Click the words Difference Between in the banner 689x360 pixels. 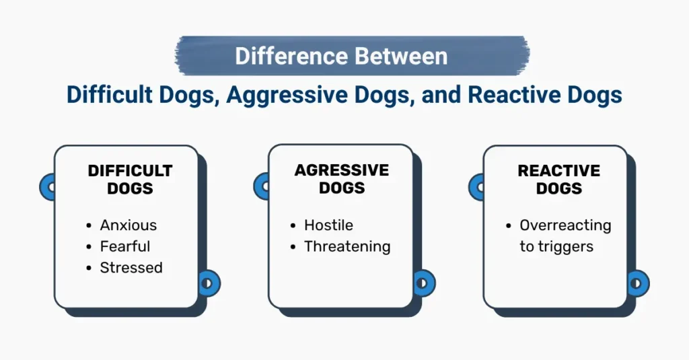coord(341,56)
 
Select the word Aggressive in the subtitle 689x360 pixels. coord(277,95)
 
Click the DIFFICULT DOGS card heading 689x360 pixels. coord(130,179)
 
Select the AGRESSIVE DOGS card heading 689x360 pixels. coord(342,179)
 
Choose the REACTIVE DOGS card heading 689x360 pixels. coord(559,179)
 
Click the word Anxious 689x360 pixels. coord(129,225)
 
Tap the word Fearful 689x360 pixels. coord(125,246)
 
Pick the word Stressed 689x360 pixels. coord(131,268)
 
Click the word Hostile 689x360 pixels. coord(328,225)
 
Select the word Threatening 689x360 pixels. coord(347,246)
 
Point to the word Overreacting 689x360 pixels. coord(565,225)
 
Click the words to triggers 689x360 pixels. coord(556,246)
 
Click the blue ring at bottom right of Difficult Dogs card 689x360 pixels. coord(209,283)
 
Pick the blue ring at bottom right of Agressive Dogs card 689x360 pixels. coord(424,283)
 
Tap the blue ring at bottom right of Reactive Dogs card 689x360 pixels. coord(638,283)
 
